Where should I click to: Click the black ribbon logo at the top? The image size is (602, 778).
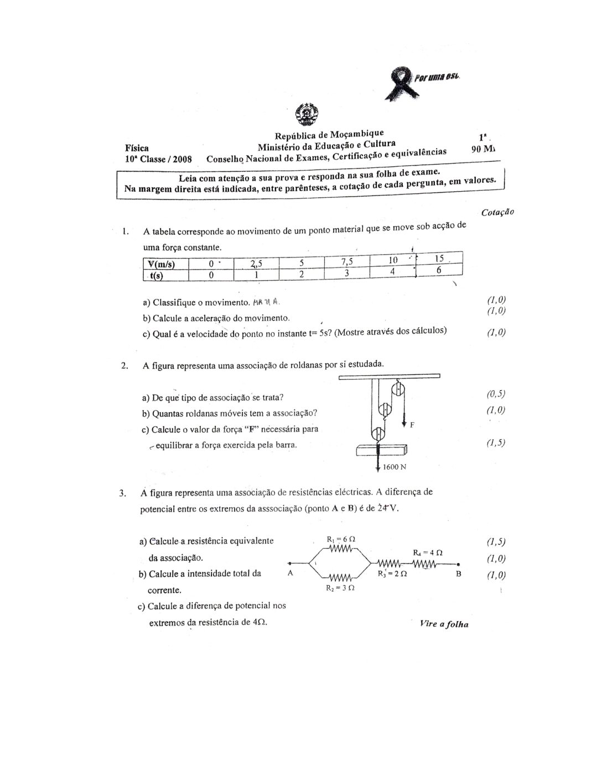point(402,82)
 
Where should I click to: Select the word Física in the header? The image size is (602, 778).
point(137,148)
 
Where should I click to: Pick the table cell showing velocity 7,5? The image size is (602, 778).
point(347,261)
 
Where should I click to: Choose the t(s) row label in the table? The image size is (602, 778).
point(160,275)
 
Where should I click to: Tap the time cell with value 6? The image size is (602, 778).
point(439,270)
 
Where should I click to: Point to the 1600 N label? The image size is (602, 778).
point(395,467)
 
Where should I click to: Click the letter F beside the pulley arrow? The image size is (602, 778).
point(412,425)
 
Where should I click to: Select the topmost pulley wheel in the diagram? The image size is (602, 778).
point(397,392)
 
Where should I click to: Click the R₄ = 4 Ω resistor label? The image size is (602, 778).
point(427,552)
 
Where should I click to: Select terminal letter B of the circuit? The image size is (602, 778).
point(458,574)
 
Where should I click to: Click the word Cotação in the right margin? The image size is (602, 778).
point(498,212)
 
